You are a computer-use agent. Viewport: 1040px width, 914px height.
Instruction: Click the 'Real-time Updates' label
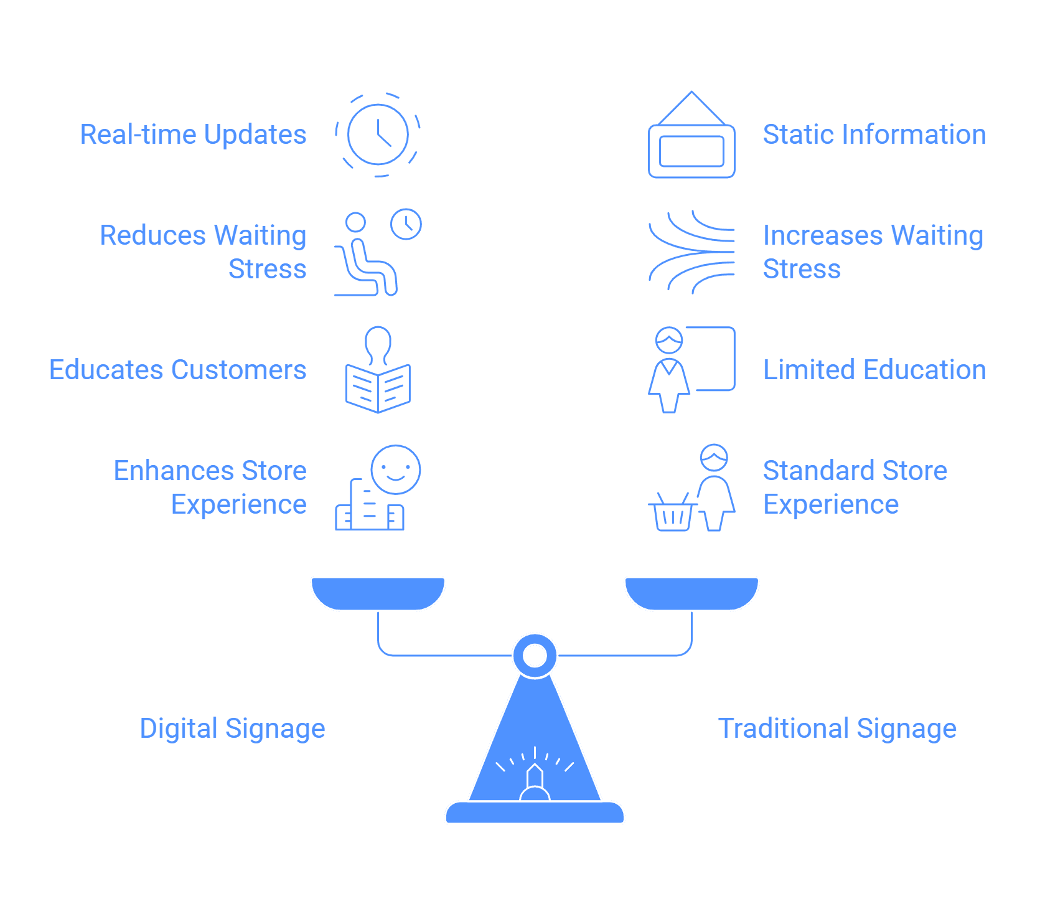click(x=193, y=134)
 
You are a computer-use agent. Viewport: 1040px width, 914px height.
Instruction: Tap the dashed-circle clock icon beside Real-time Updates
click(x=378, y=134)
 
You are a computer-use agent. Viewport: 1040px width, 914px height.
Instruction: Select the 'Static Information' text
click(x=874, y=134)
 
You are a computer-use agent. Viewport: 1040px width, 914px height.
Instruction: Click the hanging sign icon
click(x=691, y=134)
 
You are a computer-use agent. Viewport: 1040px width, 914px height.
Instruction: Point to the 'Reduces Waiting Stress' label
click(x=203, y=252)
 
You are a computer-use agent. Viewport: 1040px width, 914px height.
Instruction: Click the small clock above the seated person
click(x=406, y=224)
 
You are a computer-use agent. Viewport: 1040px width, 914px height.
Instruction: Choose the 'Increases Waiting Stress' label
click(x=873, y=252)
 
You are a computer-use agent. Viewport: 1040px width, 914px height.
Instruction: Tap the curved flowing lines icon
click(x=691, y=252)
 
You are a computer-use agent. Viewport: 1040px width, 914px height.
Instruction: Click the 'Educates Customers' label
click(x=178, y=370)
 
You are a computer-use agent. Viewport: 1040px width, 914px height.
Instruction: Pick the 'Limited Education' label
click(x=874, y=370)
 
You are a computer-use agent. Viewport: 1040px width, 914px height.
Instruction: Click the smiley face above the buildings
click(x=396, y=469)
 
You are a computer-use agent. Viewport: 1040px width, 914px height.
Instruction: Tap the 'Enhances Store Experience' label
click(x=210, y=488)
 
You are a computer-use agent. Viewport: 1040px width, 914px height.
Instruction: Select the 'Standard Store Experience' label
click(x=855, y=488)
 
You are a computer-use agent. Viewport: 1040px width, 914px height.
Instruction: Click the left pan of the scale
click(x=378, y=594)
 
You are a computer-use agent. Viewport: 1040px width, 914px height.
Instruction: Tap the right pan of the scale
click(x=691, y=594)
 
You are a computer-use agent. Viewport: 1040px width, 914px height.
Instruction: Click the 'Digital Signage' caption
click(x=232, y=728)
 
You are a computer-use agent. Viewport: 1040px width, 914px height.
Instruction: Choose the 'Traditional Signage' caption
click(x=837, y=728)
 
